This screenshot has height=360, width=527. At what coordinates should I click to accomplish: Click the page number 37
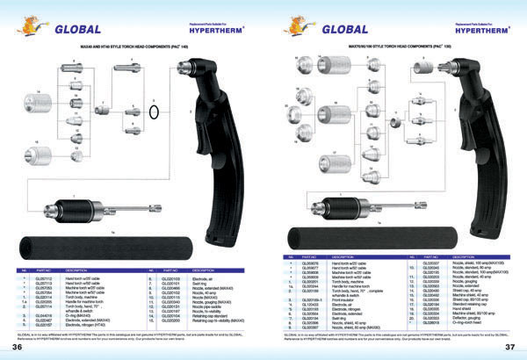pos(509,349)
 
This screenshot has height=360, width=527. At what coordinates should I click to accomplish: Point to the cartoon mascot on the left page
pos(33,25)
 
